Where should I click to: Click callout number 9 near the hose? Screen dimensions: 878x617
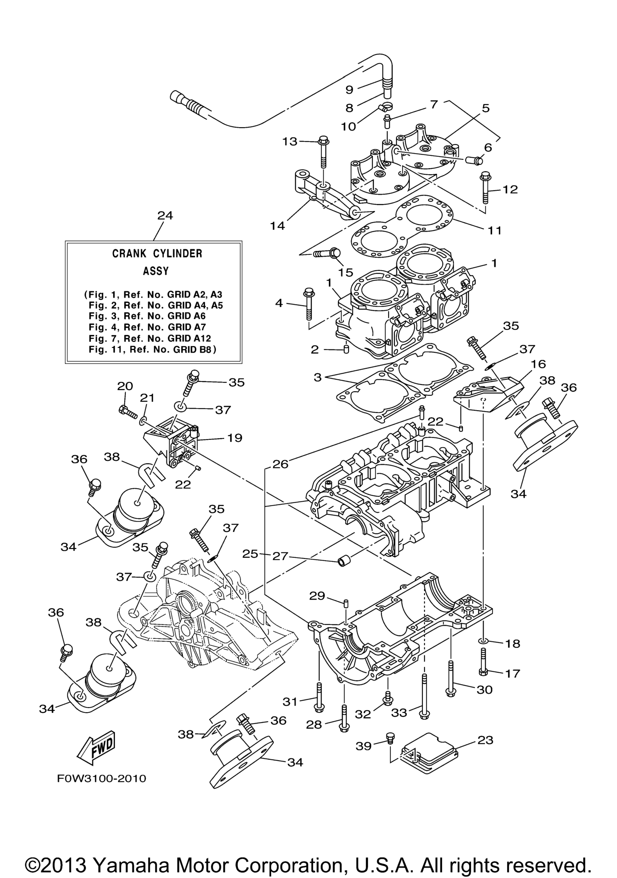[x=349, y=89]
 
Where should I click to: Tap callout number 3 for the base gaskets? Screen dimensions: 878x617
[x=318, y=378]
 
